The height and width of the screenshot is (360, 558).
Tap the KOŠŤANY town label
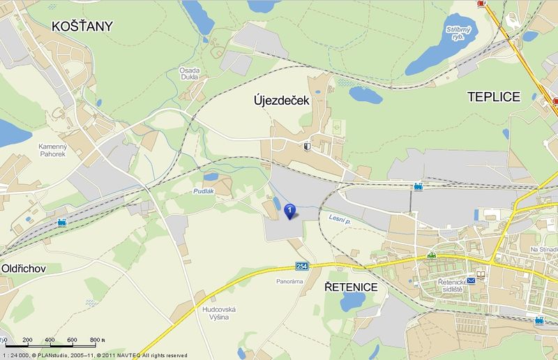pyautogui.click(x=82, y=27)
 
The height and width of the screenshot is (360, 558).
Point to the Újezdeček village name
pyautogui.click(x=280, y=101)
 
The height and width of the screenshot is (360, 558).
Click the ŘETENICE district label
pyautogui.click(x=352, y=287)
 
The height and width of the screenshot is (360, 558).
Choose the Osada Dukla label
pyautogui.click(x=188, y=74)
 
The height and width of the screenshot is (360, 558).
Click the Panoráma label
pyautogui.click(x=289, y=281)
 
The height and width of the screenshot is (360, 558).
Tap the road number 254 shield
pyautogui.click(x=301, y=267)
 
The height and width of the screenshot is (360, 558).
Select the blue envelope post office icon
pyautogui.click(x=471, y=280)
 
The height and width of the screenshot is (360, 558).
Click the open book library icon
pyautogui.click(x=481, y=273)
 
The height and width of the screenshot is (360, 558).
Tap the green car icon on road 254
pyautogui.click(x=432, y=255)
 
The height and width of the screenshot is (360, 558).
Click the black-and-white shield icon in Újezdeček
pyautogui.click(x=308, y=147)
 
